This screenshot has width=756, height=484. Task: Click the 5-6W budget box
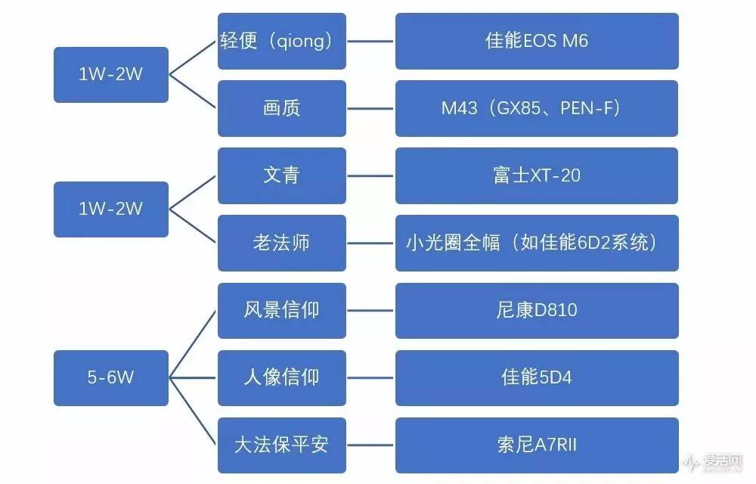pyautogui.click(x=110, y=377)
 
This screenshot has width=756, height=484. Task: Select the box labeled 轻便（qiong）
pyautogui.click(x=281, y=41)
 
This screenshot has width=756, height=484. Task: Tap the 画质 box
pyautogui.click(x=281, y=108)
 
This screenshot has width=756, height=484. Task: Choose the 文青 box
pyautogui.click(x=281, y=175)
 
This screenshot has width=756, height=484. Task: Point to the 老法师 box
pyautogui.click(x=281, y=243)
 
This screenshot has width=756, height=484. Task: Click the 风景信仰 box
pyautogui.click(x=281, y=310)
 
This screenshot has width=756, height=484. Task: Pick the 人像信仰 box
pyautogui.click(x=281, y=377)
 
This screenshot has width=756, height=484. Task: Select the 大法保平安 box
pyautogui.click(x=281, y=445)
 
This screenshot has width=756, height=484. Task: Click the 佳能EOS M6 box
pyautogui.click(x=536, y=41)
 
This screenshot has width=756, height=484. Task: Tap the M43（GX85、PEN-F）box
pyautogui.click(x=536, y=108)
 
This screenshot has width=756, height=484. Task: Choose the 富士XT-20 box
pyautogui.click(x=536, y=175)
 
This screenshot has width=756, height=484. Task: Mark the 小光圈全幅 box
pyautogui.click(x=536, y=243)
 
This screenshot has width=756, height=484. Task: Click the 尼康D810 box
pyautogui.click(x=536, y=310)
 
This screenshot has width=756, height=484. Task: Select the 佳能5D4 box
pyautogui.click(x=536, y=377)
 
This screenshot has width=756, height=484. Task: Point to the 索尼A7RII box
pyautogui.click(x=536, y=445)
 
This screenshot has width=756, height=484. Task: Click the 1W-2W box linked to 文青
pyautogui.click(x=110, y=209)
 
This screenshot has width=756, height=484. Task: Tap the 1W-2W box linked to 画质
pyautogui.click(x=110, y=74)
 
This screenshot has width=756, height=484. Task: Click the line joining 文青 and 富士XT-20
pyautogui.click(x=370, y=175)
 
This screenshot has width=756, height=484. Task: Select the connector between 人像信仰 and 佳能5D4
pyautogui.click(x=370, y=377)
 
